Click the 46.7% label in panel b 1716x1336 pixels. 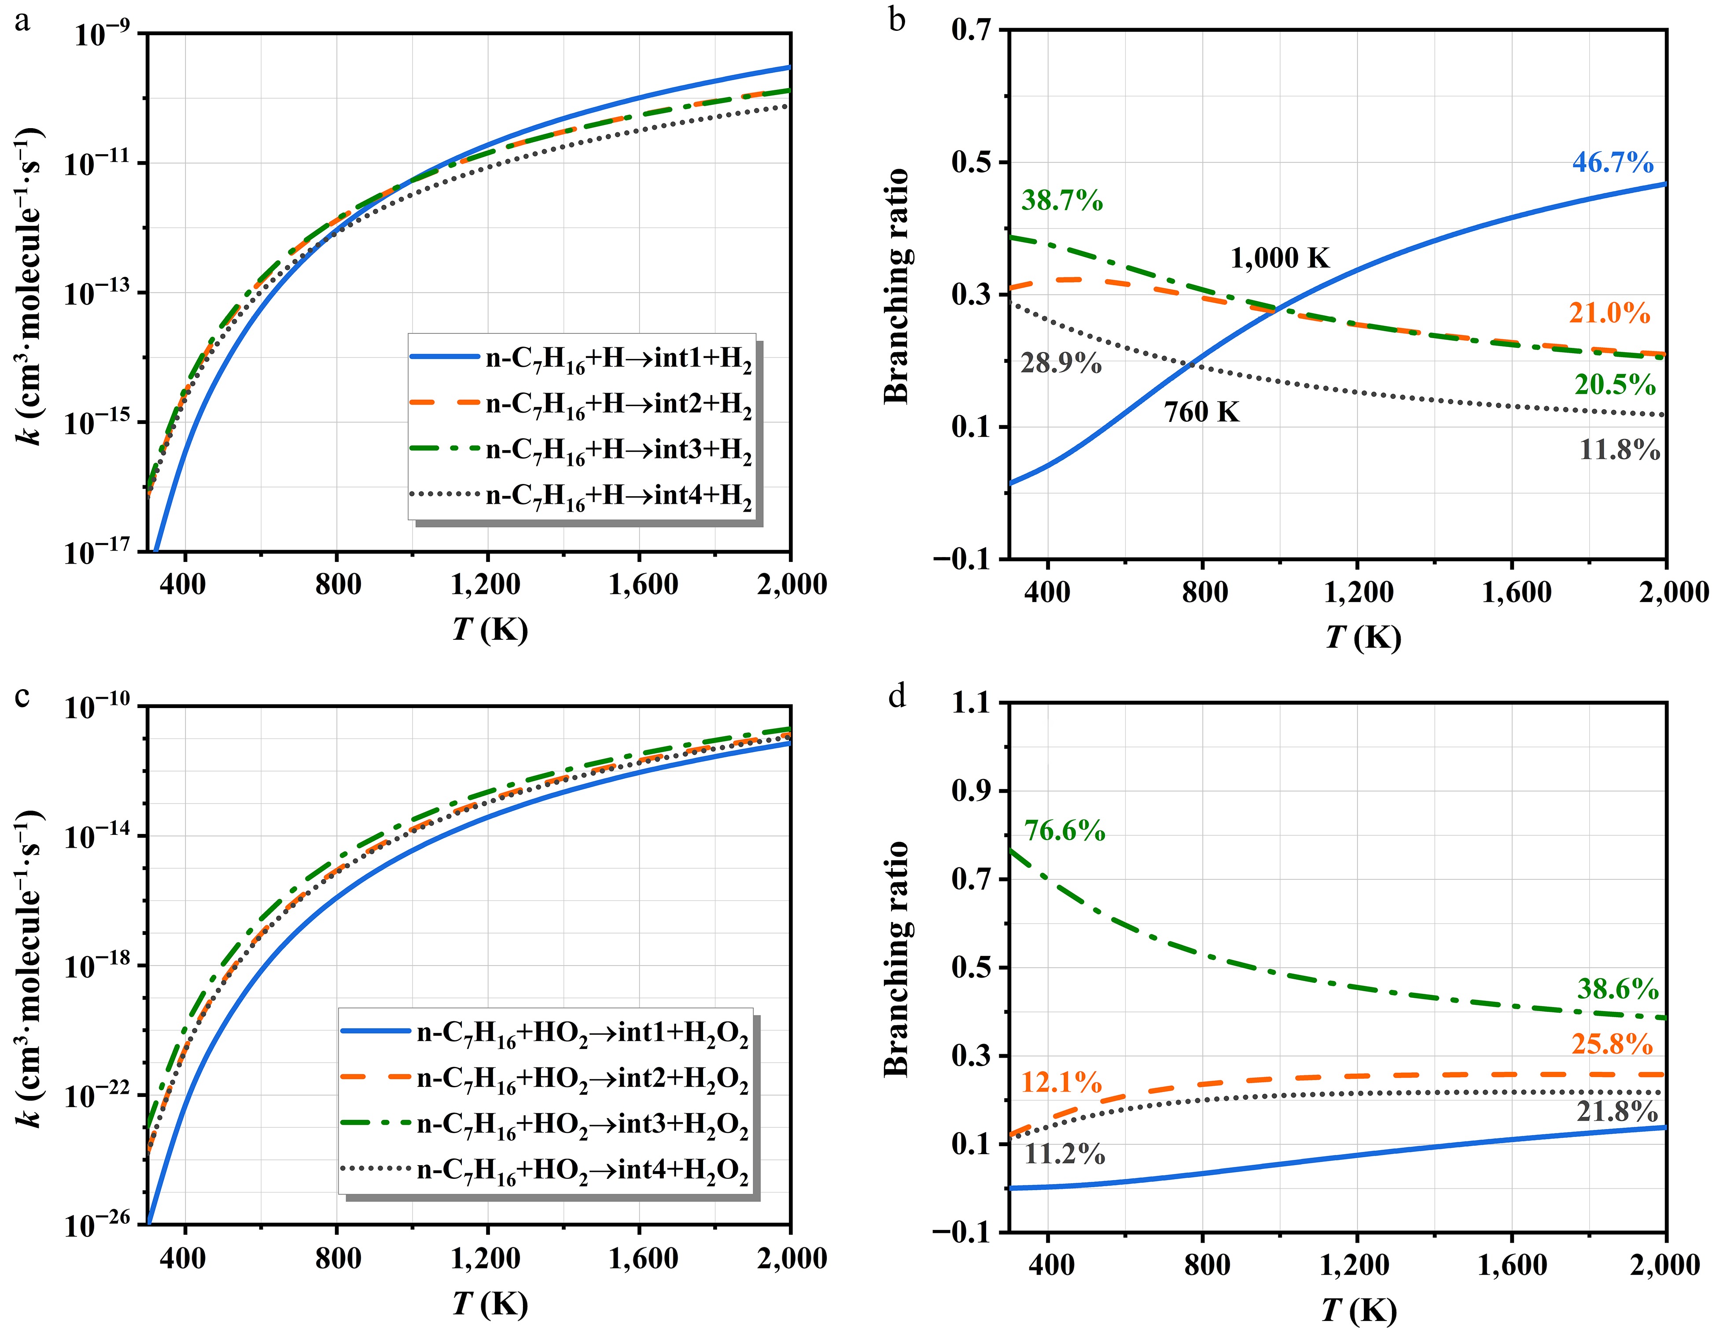click(1612, 162)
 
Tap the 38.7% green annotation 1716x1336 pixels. click(1061, 201)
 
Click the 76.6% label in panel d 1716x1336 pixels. click(1064, 830)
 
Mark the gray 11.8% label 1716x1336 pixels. click(1619, 450)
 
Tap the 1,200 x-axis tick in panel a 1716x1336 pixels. click(486, 584)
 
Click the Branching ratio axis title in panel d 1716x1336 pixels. click(896, 959)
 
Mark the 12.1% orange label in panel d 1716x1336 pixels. click(1061, 1083)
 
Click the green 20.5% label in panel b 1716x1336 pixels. click(1615, 384)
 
